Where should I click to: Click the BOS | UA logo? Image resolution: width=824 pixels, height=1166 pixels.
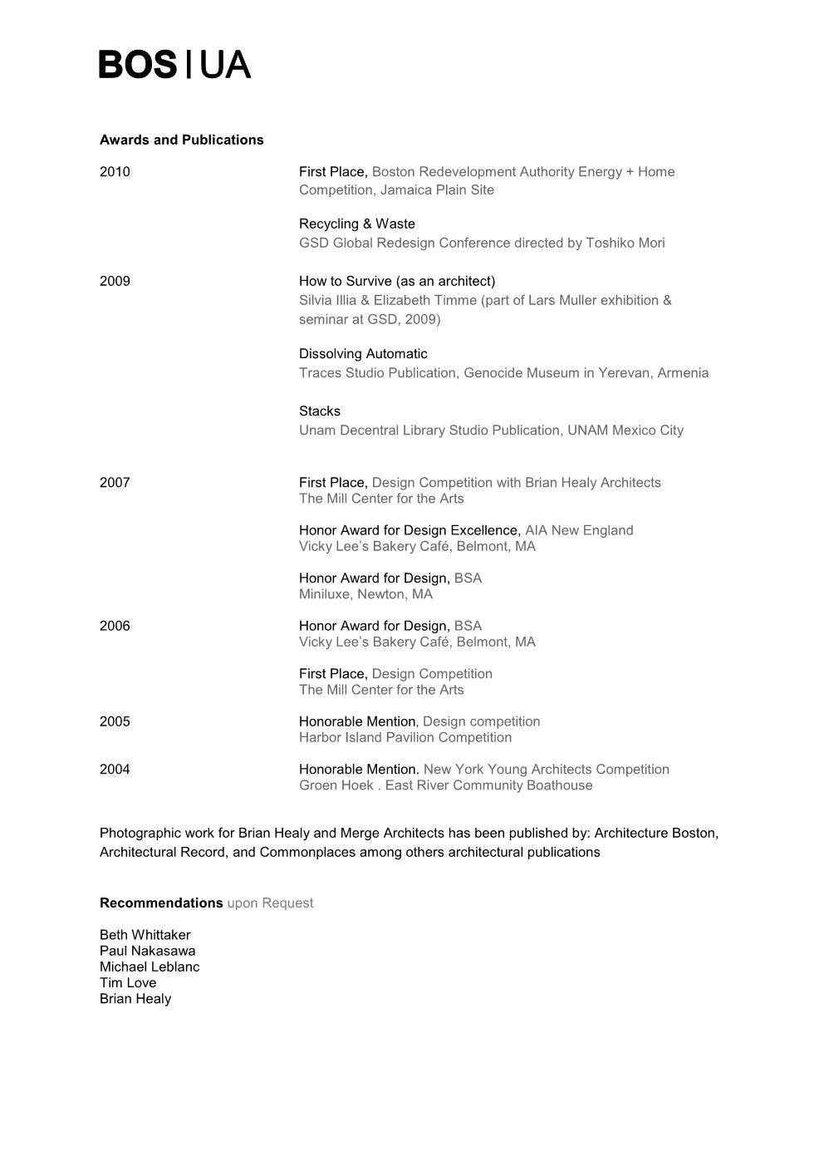[174, 64]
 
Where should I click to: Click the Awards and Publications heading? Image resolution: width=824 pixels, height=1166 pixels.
[181, 140]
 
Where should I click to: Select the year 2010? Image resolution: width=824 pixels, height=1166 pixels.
[115, 172]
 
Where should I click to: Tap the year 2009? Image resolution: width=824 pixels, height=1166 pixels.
[115, 281]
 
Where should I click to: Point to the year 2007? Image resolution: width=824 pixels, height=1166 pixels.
[115, 483]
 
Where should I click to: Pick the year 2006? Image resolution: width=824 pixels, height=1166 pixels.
[115, 626]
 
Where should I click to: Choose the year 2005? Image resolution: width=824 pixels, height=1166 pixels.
[115, 721]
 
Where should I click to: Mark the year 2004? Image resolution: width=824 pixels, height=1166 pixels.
[115, 770]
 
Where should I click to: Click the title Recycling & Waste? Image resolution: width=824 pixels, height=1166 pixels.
[356, 224]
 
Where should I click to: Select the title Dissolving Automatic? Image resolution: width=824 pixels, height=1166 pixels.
[363, 354]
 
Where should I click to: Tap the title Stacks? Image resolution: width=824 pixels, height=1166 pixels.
[320, 411]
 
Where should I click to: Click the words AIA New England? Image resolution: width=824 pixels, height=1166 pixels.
[579, 530]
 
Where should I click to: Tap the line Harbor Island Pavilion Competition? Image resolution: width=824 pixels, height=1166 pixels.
[405, 737]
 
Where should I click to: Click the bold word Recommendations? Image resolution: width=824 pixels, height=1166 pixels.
[161, 903]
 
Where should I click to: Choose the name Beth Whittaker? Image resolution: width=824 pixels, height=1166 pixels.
[145, 935]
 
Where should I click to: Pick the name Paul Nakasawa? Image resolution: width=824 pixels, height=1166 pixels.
[147, 951]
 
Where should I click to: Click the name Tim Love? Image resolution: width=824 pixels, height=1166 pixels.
[128, 982]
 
